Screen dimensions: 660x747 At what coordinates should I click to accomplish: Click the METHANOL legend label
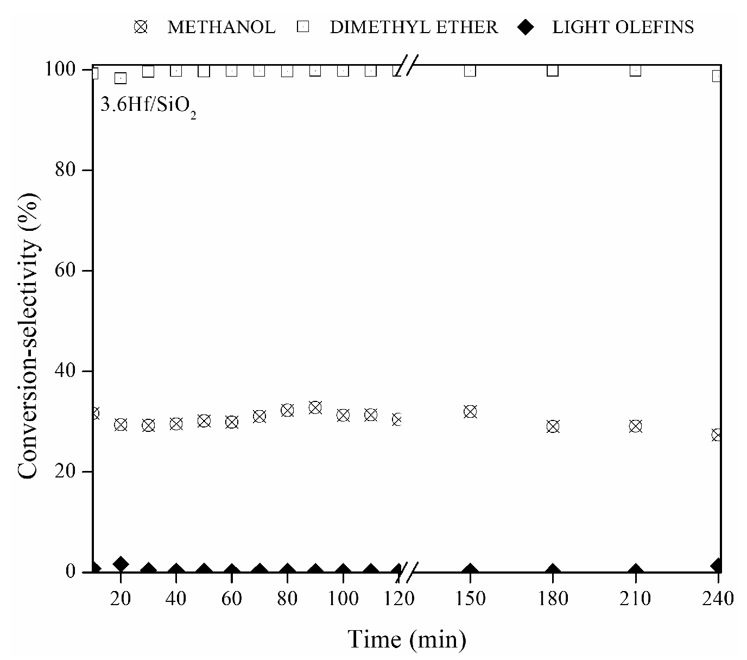tap(221, 27)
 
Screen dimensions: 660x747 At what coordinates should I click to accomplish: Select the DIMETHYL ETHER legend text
tap(413, 27)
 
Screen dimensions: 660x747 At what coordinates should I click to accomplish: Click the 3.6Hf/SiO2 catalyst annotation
tap(148, 105)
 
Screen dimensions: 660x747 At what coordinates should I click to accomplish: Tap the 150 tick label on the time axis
tap(470, 599)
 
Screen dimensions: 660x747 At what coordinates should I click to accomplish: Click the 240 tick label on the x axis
tap(717, 599)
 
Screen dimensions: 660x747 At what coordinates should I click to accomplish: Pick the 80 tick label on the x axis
tap(287, 599)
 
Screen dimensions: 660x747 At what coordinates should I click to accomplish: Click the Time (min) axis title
tap(407, 639)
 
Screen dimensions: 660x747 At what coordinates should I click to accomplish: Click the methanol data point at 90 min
tap(315, 407)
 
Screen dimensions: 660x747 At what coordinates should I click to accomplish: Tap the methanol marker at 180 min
tap(553, 426)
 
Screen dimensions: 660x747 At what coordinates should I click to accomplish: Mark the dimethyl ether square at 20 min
tap(121, 78)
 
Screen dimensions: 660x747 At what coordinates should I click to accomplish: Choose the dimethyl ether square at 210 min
tap(635, 70)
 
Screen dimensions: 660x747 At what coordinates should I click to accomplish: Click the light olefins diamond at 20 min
tap(121, 564)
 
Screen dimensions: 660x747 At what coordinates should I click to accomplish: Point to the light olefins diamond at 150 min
tap(470, 571)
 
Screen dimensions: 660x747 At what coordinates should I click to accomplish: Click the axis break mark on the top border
tap(407, 66)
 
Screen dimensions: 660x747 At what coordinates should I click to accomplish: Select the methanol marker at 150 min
tap(470, 411)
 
